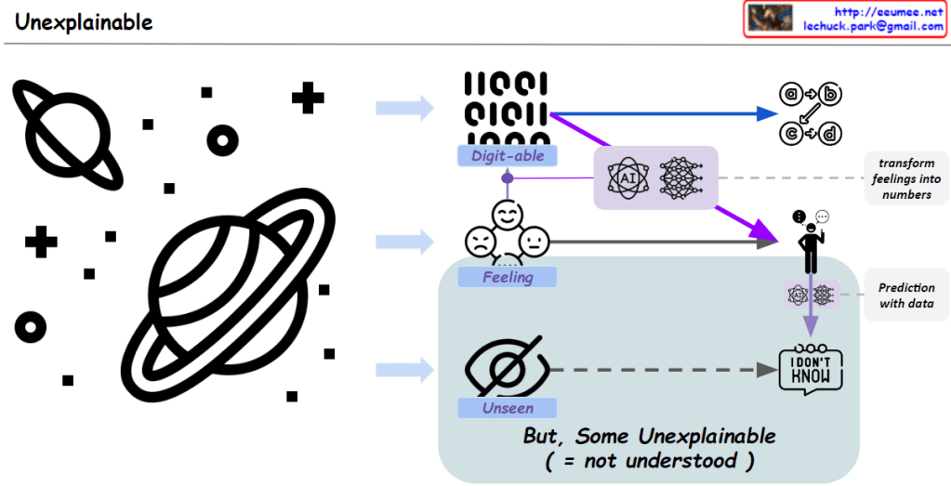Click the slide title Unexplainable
[x=84, y=21]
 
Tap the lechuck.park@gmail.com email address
[x=873, y=26]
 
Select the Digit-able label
[x=507, y=156]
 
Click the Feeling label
[x=507, y=277]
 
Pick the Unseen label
[x=507, y=408]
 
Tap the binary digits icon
[x=506, y=109]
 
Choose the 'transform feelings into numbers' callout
[x=905, y=178]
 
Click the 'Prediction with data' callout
[x=905, y=296]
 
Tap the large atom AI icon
[x=626, y=177]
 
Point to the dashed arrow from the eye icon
[x=660, y=370]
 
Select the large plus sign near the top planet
[x=308, y=98]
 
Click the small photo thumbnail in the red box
[x=771, y=18]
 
